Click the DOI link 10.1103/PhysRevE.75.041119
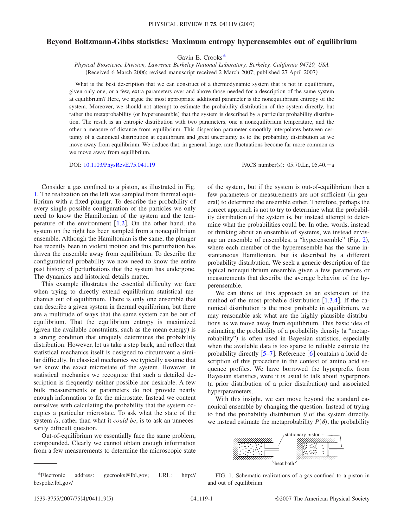tap(119, 165)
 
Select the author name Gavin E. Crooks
tap(200, 57)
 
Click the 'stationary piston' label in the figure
tap(302, 435)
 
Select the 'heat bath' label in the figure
tap(284, 463)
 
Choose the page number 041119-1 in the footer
tap(202, 499)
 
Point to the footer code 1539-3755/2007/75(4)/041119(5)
tap(73, 499)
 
